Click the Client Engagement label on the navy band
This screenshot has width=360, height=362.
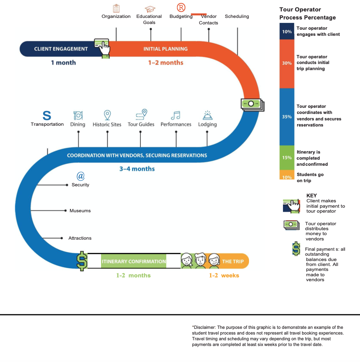click(61, 49)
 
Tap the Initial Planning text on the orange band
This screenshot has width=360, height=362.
click(166, 49)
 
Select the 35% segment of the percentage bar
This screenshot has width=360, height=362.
click(287, 117)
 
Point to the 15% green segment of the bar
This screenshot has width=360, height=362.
click(287, 158)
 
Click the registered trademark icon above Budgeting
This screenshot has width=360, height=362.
click(181, 7)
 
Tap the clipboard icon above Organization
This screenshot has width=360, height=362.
click(116, 8)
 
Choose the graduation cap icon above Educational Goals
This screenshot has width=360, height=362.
click(150, 9)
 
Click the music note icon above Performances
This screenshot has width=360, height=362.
click(176, 115)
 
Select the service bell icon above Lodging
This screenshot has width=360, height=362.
click(207, 115)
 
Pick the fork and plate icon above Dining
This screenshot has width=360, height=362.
click(78, 115)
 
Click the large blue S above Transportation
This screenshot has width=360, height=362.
click(47, 115)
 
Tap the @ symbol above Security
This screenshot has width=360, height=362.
click(80, 176)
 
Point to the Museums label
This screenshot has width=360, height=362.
click(80, 211)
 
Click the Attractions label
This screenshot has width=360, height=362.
click(80, 238)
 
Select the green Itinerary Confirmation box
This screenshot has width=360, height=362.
click(133, 261)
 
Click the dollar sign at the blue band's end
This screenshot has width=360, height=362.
click(82, 261)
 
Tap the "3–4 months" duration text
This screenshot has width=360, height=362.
click(137, 169)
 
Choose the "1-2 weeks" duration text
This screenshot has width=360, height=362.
click(224, 276)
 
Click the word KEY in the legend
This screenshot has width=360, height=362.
click(312, 195)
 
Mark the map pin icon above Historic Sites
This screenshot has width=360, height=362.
click(108, 115)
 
